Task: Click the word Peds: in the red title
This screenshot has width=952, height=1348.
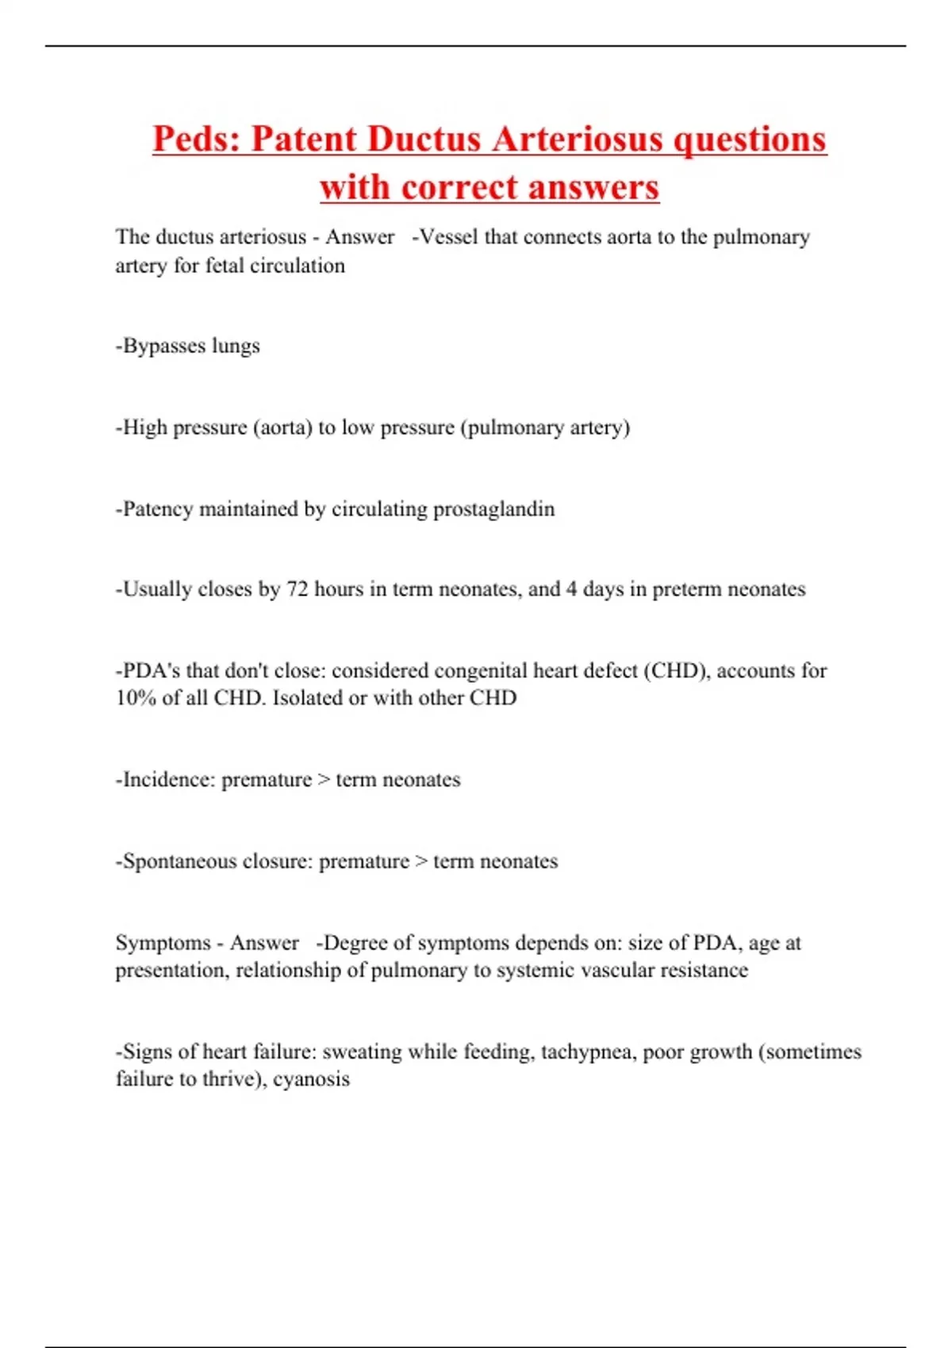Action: pyautogui.click(x=197, y=140)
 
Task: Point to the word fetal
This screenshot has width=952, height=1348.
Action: pyautogui.click(x=225, y=266)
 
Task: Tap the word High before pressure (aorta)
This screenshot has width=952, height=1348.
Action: pyautogui.click(x=144, y=428)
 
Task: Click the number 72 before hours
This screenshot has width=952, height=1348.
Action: pyautogui.click(x=297, y=589)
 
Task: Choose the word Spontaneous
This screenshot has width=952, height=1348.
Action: pyautogui.click(x=178, y=862)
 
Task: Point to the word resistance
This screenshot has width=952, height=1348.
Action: pyautogui.click(x=699, y=971)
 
